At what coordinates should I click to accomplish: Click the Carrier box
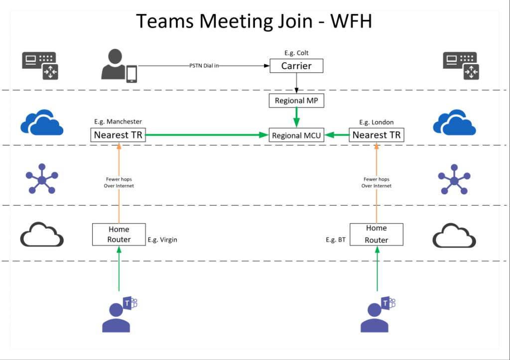point(296,66)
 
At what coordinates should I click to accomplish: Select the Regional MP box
point(296,101)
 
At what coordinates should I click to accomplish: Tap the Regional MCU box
point(297,135)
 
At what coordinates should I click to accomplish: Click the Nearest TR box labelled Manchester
point(118,135)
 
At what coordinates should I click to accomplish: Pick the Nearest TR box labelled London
point(376,135)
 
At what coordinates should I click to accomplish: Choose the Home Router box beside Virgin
point(119,234)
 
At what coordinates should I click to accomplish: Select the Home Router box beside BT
point(376,234)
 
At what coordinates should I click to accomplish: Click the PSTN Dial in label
point(204,66)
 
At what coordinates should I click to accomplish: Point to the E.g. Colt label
point(296,53)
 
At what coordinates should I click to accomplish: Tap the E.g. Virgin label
point(162,240)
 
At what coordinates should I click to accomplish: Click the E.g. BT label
point(336,240)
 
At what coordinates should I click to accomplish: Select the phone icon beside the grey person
point(131,74)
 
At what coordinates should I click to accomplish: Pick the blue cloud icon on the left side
point(42,122)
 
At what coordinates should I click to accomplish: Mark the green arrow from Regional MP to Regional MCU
point(297,118)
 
